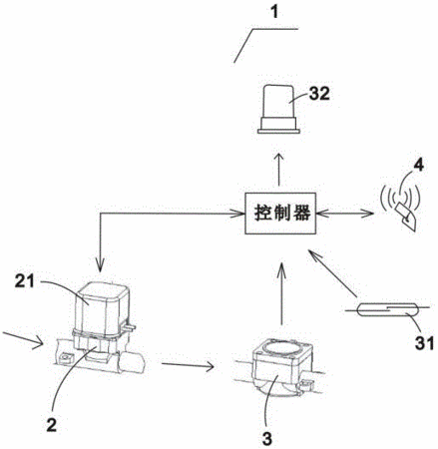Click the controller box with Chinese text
pyautogui.click(x=280, y=214)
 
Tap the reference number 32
pyautogui.click(x=319, y=94)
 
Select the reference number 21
pyautogui.click(x=24, y=281)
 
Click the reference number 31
pyautogui.click(x=424, y=343)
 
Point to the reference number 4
pyautogui.click(x=420, y=165)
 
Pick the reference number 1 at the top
pyautogui.click(x=274, y=12)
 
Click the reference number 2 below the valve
pyautogui.click(x=51, y=425)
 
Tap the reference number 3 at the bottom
pyautogui.click(x=267, y=439)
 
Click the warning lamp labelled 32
pyautogui.click(x=278, y=109)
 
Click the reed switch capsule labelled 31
pyautogui.click(x=388, y=310)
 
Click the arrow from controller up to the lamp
pyautogui.click(x=278, y=170)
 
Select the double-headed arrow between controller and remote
pyautogui.click(x=344, y=214)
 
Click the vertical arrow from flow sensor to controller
pyautogui.click(x=281, y=293)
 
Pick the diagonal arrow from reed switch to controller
pyautogui.click(x=332, y=273)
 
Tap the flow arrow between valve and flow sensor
pyautogui.click(x=188, y=365)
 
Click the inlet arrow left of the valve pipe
pyautogui.click(x=22, y=339)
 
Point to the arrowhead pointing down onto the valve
pyautogui.click(x=100, y=265)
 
